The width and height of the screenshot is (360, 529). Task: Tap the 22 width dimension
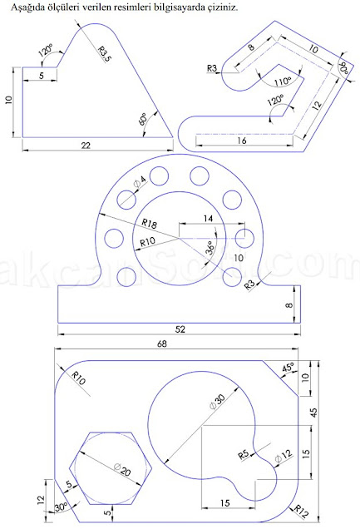point(86,146)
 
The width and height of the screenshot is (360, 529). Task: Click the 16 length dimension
point(241,141)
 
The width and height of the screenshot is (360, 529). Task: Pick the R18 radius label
point(150,223)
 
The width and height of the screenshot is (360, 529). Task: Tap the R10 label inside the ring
point(148,241)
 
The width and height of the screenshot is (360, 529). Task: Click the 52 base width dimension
point(180,329)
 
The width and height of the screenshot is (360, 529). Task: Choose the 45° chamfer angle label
point(288,367)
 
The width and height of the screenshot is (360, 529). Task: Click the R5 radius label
point(244,454)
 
